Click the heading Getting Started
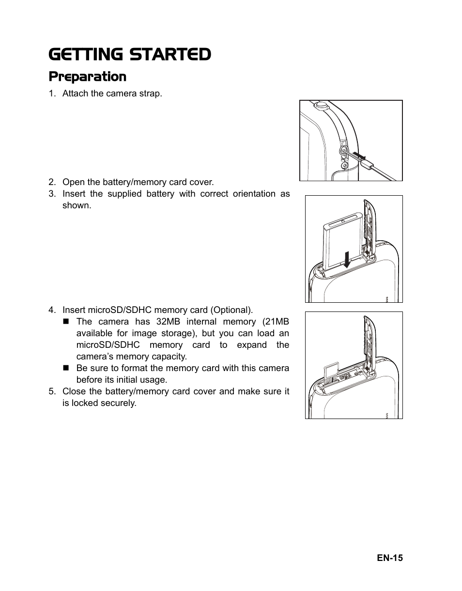[x=129, y=55]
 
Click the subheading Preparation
[x=87, y=77]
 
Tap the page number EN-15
[x=390, y=558]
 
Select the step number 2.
[x=51, y=182]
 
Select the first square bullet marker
[x=66, y=322]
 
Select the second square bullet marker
[x=66, y=368]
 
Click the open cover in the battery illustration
[x=369, y=228]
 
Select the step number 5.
[x=51, y=391]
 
